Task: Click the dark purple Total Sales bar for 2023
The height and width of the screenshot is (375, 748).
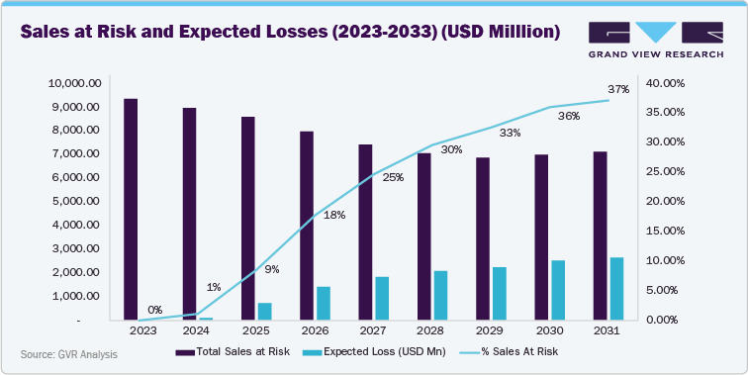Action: point(131,210)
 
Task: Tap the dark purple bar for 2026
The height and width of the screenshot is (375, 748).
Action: point(307,226)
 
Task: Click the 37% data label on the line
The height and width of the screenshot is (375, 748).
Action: point(619,90)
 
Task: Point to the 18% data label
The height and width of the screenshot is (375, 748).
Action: point(334,215)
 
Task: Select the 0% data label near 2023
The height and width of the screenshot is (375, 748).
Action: point(155,310)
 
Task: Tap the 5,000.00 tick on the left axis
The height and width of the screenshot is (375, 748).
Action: point(75,202)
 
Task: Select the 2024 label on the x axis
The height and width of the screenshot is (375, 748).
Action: point(196,330)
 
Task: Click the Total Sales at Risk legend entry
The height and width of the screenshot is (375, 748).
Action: point(232,351)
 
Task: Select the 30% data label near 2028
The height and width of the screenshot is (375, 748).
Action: point(451,149)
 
